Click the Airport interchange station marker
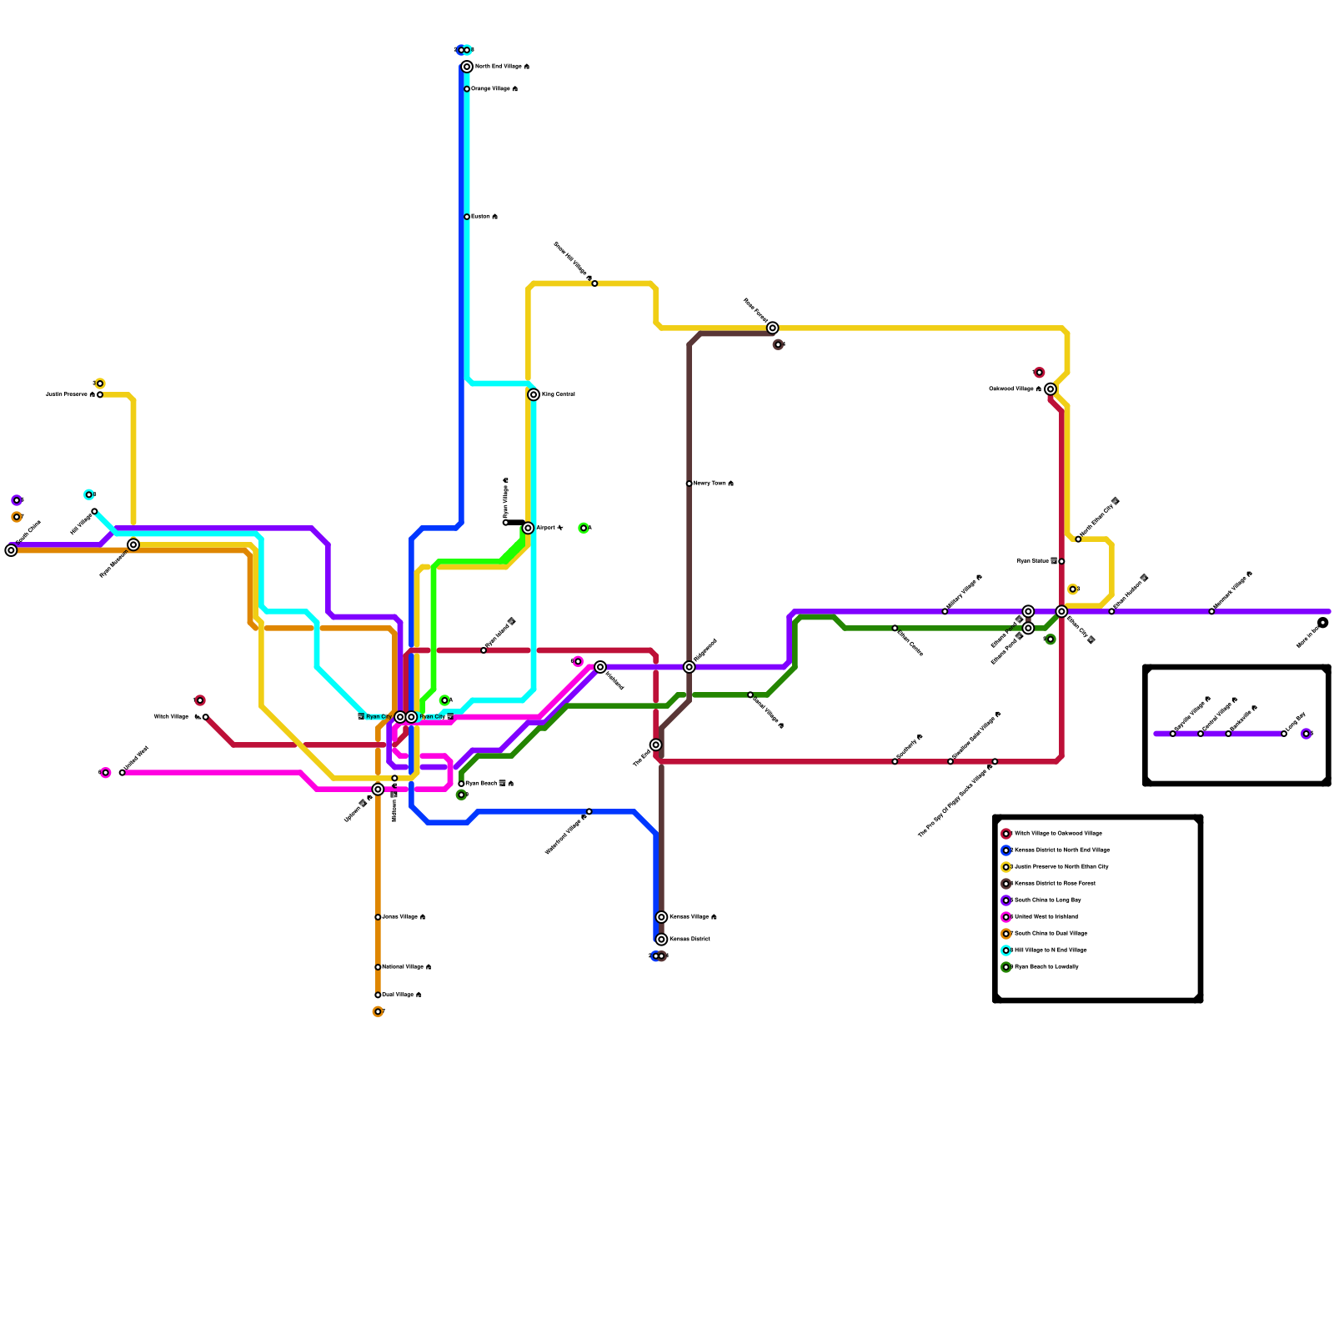click(x=528, y=528)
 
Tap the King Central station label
click(x=558, y=394)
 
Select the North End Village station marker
click(x=467, y=67)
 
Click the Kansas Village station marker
click(x=661, y=917)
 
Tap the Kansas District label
click(x=690, y=939)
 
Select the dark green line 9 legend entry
click(x=1046, y=967)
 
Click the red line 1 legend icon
click(x=1006, y=834)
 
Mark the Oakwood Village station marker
click(x=1051, y=389)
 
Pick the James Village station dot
click(x=378, y=917)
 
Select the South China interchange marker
click(x=11, y=550)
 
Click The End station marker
click(x=656, y=745)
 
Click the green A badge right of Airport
click(x=584, y=528)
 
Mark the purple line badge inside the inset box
click(x=1306, y=734)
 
